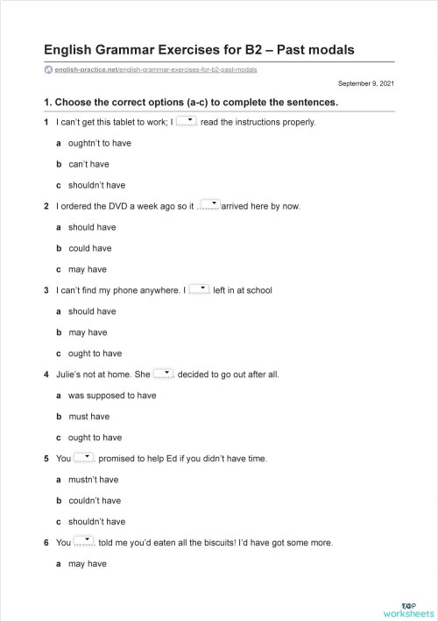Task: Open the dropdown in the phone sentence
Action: [199, 289]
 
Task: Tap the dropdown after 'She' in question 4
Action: [164, 373]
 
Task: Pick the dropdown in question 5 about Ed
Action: [84, 457]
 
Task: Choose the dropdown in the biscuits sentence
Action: [84, 541]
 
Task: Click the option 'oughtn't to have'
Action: [99, 143]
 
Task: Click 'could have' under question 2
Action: [92, 248]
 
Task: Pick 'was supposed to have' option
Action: [111, 396]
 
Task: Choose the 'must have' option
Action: [88, 417]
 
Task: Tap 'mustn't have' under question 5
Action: [93, 480]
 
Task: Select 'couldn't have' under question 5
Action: [95, 501]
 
